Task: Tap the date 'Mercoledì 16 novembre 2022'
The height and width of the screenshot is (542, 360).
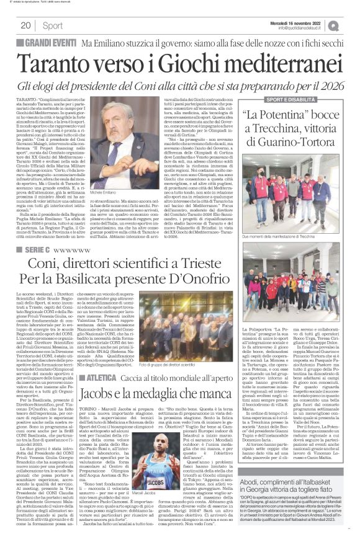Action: (x=304, y=22)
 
